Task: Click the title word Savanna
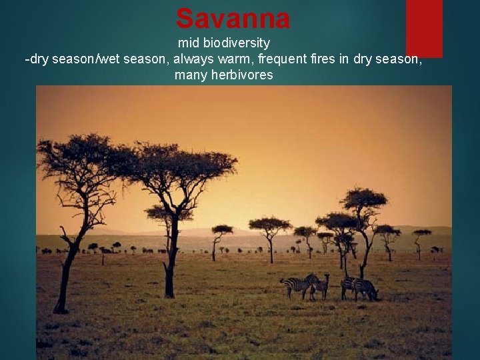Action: coord(233,19)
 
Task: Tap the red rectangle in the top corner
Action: coord(424,27)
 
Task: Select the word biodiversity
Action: coord(237,43)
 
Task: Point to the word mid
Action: coord(189,43)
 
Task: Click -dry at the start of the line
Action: coord(37,59)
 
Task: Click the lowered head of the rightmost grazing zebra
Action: coord(374,294)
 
